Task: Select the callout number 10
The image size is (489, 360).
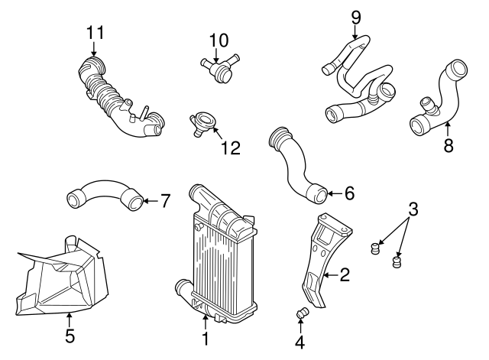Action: (219, 38)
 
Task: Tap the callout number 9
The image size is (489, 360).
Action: (355, 15)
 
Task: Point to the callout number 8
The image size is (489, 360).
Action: (448, 144)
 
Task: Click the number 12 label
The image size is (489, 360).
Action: (231, 148)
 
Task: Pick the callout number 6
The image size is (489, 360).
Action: (349, 193)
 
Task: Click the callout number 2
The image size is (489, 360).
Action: (345, 274)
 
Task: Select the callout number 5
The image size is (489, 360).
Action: (69, 336)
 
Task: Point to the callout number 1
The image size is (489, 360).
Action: (205, 338)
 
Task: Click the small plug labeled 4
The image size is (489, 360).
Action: (301, 313)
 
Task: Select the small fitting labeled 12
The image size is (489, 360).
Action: (204, 122)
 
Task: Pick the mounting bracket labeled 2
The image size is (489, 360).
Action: (321, 256)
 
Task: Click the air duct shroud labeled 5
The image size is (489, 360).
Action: (61, 275)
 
